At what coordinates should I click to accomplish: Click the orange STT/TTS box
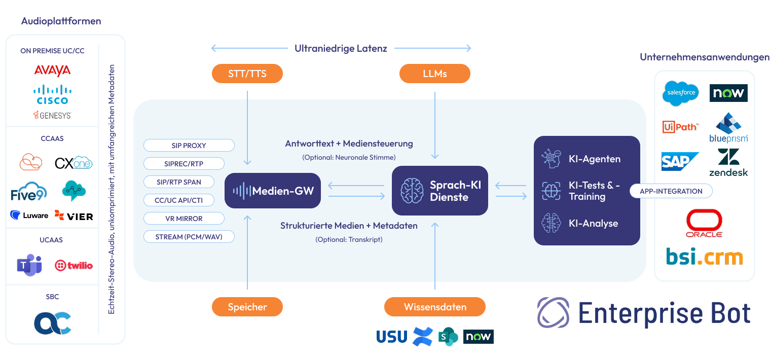click(x=247, y=74)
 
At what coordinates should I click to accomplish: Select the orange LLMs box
click(x=434, y=74)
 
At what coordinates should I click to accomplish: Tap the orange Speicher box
click(x=247, y=307)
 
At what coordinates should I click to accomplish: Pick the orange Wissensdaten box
click(x=435, y=307)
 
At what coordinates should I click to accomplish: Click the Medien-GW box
click(x=273, y=191)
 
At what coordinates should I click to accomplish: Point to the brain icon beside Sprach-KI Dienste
click(x=412, y=191)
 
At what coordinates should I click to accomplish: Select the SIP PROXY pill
click(x=189, y=146)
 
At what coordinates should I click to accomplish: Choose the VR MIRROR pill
click(x=184, y=219)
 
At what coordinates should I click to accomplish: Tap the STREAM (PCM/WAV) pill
click(x=189, y=237)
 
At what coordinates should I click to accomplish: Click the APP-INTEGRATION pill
click(x=671, y=191)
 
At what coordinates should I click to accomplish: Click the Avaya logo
click(x=52, y=70)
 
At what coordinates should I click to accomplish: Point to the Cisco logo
click(x=52, y=94)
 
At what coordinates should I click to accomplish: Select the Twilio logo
click(x=74, y=265)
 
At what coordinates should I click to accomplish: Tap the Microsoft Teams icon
click(x=29, y=265)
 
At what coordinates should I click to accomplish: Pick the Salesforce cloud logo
click(x=680, y=93)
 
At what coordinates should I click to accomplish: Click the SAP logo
click(x=680, y=161)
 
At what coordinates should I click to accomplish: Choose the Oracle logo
click(x=704, y=224)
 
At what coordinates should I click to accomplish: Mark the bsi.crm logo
click(x=704, y=257)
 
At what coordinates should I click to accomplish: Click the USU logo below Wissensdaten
click(x=391, y=336)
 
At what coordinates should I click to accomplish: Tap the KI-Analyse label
click(x=593, y=224)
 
